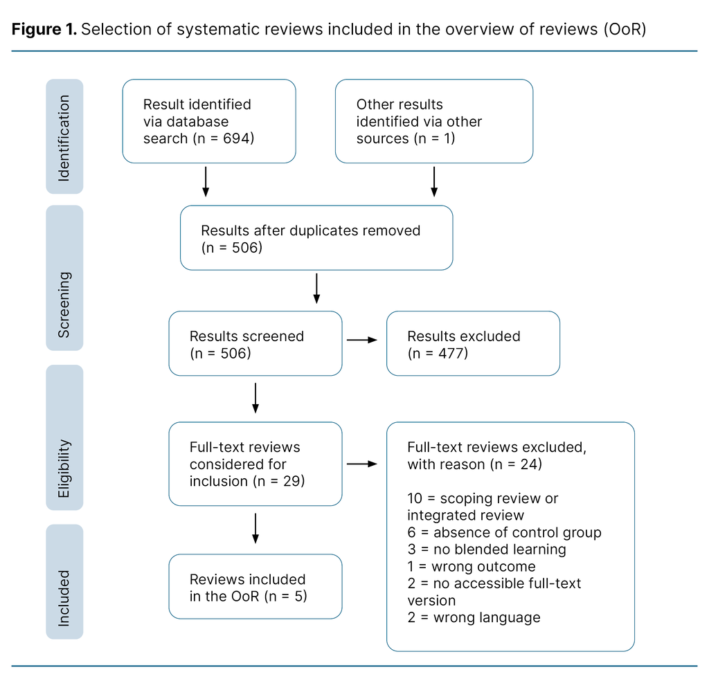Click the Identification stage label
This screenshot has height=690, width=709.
click(x=64, y=136)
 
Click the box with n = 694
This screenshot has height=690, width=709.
click(x=209, y=121)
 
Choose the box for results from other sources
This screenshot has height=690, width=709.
click(x=433, y=121)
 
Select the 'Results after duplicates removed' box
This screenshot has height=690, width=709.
click(x=316, y=237)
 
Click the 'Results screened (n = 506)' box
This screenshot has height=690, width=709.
click(x=255, y=343)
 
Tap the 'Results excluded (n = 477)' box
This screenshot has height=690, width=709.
click(x=472, y=343)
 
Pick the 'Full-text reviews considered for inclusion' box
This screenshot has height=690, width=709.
click(x=255, y=464)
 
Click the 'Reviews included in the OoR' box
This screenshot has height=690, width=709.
click(x=255, y=586)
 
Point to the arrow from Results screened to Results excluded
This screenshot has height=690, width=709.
click(x=362, y=340)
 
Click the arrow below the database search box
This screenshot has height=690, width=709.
click(x=206, y=181)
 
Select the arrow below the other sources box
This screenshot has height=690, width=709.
click(x=433, y=181)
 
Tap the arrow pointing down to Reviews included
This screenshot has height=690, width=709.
click(x=255, y=528)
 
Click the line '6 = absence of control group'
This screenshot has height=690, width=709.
click(x=504, y=532)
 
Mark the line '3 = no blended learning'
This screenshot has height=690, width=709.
click(x=486, y=550)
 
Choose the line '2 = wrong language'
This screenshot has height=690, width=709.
click(x=474, y=617)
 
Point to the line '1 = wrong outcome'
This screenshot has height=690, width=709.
click(x=471, y=566)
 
